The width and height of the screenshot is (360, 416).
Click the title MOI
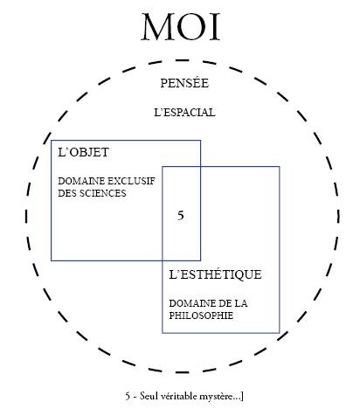click(181, 27)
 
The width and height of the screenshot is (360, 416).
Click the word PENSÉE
click(184, 83)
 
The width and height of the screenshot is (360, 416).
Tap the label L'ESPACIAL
click(184, 113)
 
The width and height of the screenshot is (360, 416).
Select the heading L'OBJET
click(83, 152)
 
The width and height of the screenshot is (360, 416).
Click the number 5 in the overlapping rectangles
click(181, 216)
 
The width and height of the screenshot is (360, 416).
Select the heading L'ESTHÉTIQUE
click(215, 274)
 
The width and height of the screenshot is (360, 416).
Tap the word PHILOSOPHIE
click(201, 315)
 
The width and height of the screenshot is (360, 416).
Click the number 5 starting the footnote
click(128, 396)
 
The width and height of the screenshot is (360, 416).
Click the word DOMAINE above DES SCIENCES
click(81, 181)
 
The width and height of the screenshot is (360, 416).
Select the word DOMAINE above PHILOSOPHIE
click(192, 303)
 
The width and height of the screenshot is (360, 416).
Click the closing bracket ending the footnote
click(242, 396)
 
